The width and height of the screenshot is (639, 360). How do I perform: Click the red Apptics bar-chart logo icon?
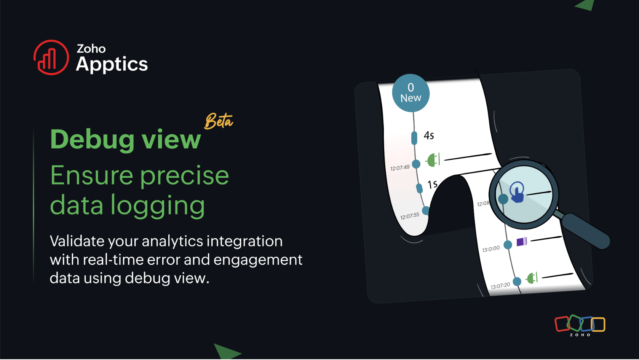tap(51, 57)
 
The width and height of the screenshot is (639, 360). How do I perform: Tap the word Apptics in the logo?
tap(112, 64)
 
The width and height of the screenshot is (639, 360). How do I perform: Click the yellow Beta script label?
tap(218, 121)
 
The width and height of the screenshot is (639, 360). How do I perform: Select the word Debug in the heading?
tap(92, 140)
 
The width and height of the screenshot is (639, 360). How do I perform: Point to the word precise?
tap(185, 175)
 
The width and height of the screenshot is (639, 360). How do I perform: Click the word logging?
tap(158, 206)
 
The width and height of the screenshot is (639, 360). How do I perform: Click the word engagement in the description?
tap(258, 260)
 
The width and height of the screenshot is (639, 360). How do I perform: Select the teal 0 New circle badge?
tap(411, 93)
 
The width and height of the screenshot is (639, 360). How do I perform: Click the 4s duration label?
tap(429, 135)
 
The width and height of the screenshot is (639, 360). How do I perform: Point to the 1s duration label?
tap(432, 185)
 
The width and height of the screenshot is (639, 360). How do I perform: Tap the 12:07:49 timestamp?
tap(400, 168)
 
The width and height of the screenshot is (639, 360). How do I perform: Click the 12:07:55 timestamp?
tap(410, 216)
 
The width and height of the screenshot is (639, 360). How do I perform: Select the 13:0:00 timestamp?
tap(491, 249)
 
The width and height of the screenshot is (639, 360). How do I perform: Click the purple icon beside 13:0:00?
tap(522, 241)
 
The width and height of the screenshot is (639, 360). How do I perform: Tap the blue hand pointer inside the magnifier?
tap(517, 192)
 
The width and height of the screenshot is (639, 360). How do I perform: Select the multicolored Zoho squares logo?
tap(580, 324)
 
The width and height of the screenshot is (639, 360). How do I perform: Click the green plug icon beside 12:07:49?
tap(433, 160)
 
